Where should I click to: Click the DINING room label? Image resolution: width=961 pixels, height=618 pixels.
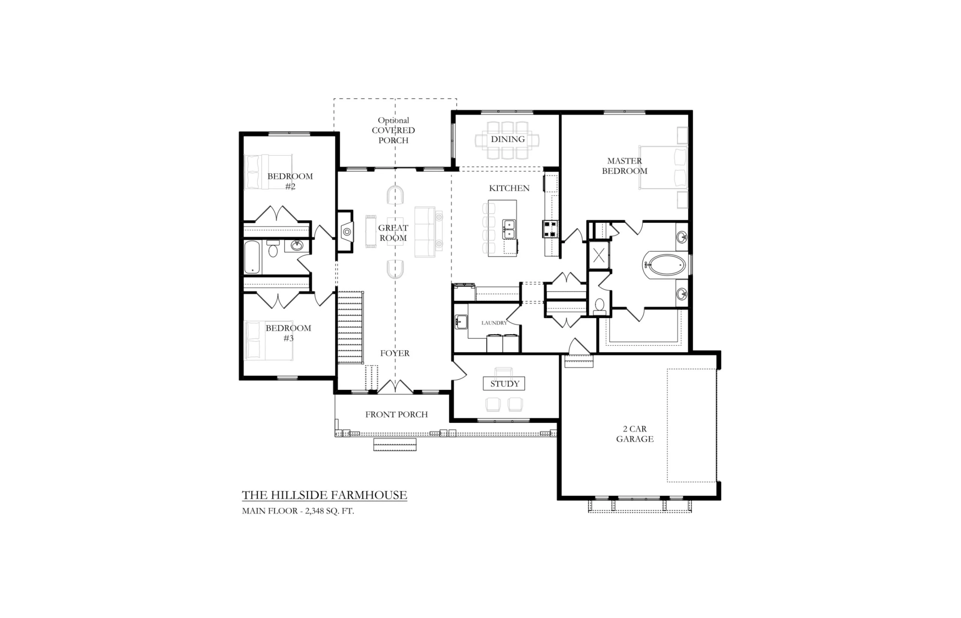tap(508, 139)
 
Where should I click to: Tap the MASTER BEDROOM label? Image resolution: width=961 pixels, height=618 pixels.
tap(625, 166)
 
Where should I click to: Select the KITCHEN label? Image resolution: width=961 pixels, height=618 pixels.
tap(509, 188)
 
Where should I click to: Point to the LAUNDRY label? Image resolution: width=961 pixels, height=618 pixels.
tap(494, 323)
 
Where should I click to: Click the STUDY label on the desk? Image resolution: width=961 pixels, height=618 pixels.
tap(505, 383)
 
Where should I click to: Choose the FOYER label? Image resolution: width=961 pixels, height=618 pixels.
tap(395, 353)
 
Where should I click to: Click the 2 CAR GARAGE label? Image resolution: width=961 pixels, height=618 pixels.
tap(635, 434)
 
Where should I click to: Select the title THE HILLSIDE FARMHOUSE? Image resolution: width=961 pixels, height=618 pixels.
tap(324, 495)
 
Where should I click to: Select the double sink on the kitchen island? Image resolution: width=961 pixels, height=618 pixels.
tap(509, 229)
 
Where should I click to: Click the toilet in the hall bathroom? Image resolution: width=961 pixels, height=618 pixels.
tap(273, 249)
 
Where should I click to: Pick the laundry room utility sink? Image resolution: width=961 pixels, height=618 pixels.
tap(461, 322)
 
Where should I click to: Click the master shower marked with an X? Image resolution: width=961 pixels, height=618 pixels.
tap(598, 255)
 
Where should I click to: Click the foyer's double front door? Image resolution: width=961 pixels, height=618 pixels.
tap(395, 386)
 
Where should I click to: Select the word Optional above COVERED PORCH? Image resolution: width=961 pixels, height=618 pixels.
tap(393, 120)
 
